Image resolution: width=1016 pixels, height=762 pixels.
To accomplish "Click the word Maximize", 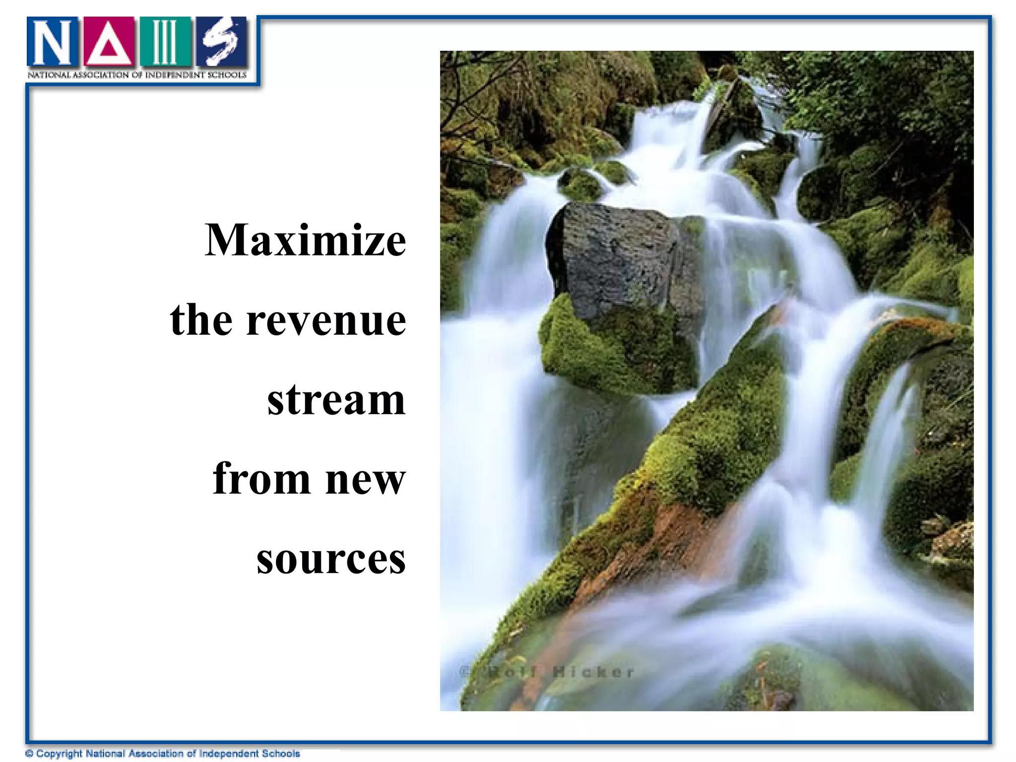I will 305,241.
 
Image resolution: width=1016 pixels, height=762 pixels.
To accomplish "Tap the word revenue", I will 326,320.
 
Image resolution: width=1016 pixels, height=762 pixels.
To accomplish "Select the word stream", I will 336,399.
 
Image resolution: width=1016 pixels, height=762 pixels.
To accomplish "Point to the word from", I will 261,479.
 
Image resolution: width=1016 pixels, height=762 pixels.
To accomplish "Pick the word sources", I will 331,559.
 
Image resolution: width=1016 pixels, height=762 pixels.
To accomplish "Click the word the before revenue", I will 201,320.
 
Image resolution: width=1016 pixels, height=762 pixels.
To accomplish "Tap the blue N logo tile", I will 53,43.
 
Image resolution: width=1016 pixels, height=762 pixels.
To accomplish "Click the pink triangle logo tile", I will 109,43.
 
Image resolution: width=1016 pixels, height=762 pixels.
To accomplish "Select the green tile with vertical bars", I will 165,43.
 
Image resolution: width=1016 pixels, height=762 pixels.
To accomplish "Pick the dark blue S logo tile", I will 221,43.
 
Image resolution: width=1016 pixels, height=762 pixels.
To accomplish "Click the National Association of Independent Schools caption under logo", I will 137,75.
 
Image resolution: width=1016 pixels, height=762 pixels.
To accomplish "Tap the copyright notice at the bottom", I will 163,754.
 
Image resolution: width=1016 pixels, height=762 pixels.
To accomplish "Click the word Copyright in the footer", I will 59,754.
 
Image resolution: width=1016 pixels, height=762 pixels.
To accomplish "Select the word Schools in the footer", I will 281,754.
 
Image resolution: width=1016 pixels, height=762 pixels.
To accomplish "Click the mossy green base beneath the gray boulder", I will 615,347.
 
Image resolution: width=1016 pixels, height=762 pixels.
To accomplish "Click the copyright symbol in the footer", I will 29,754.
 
